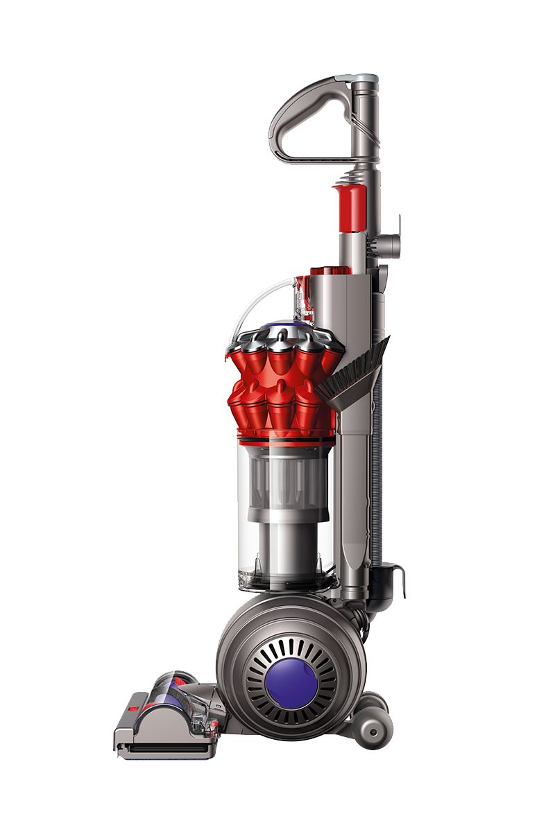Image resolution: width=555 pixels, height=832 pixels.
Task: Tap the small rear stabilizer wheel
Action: tap(373, 729)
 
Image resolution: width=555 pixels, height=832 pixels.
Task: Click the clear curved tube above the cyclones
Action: tap(259, 299)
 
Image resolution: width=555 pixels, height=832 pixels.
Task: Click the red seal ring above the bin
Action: tap(284, 439)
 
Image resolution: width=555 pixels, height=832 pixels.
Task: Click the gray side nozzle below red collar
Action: tap(388, 245)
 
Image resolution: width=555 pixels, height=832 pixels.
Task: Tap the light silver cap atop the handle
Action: tap(364, 78)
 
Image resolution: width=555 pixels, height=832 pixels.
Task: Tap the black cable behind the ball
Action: tap(361, 617)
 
